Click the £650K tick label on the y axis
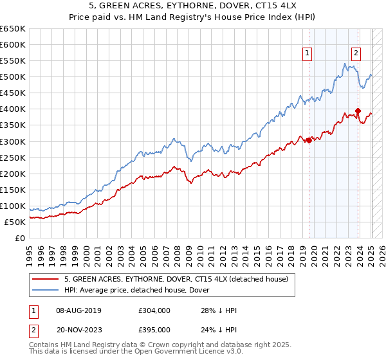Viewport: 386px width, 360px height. (x=13, y=29)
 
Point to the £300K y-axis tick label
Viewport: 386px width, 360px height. (x=13, y=141)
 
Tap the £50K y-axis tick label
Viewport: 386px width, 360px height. (x=15, y=222)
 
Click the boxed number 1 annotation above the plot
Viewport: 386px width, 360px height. (x=308, y=54)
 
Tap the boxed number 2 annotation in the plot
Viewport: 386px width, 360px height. (x=356, y=54)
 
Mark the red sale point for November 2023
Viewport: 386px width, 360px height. (x=358, y=110)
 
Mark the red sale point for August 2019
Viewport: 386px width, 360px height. (x=309, y=139)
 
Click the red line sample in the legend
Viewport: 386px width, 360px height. (x=46, y=278)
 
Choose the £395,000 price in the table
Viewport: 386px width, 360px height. (x=154, y=329)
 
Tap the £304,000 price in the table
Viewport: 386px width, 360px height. (x=154, y=311)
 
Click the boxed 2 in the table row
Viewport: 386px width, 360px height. (x=33, y=329)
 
